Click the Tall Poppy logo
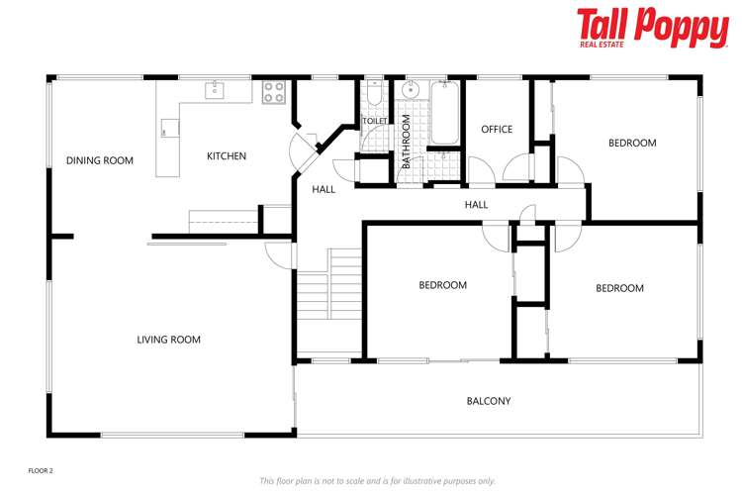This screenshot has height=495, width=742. tap(652, 27)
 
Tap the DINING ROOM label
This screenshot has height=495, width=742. tap(99, 160)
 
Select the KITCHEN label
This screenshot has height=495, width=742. tap(227, 156)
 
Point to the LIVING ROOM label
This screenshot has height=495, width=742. tap(168, 340)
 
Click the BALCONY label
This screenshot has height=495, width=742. tap(489, 401)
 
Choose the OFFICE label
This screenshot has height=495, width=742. tap(497, 130)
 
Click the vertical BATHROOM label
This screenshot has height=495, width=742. tap(406, 142)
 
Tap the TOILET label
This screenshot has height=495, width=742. tap(375, 121)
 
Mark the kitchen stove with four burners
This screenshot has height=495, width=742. tap(274, 92)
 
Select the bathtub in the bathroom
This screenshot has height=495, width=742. tap(442, 114)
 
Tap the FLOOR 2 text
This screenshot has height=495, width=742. tap(40, 470)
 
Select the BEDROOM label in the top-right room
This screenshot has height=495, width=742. tap(632, 144)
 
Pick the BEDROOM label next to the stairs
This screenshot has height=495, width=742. tap(442, 285)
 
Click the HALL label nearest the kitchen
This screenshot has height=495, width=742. tap(324, 189)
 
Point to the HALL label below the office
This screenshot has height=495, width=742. tap(477, 205)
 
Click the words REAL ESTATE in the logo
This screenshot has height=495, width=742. tap(603, 45)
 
